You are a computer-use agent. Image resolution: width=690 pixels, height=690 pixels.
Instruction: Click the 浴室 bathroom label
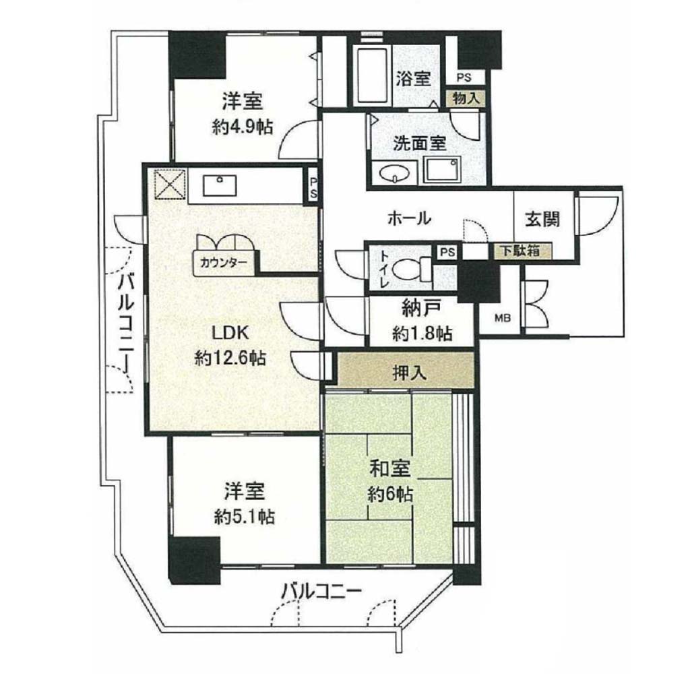(x=413, y=79)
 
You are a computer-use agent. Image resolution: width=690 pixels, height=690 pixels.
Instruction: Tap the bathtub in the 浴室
(x=372, y=75)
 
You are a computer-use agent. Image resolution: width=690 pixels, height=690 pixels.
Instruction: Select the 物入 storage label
(x=466, y=98)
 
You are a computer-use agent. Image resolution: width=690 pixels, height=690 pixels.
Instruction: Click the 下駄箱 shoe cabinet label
(x=521, y=251)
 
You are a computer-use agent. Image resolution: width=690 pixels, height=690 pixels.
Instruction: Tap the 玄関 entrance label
(x=543, y=219)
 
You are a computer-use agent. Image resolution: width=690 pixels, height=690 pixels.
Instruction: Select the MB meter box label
(x=502, y=317)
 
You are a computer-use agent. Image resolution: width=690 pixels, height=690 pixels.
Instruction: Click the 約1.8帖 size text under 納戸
(x=422, y=334)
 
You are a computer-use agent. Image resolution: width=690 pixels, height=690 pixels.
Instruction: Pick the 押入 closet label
(x=410, y=373)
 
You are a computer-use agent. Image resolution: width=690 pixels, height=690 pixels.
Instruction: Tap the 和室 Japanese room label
(x=390, y=469)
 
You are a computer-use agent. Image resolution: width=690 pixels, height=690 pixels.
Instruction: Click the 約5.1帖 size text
(x=245, y=516)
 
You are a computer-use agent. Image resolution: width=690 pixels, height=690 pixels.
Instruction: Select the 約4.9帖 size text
(x=243, y=127)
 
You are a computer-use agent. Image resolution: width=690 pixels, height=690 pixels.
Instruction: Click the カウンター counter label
(x=223, y=263)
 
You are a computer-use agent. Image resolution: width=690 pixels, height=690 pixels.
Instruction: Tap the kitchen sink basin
(x=220, y=185)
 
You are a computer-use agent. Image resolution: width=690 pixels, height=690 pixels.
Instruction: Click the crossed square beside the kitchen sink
(x=170, y=185)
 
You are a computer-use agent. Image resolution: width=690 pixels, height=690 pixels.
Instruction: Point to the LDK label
(x=230, y=333)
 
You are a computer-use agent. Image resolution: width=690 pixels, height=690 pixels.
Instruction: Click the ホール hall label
(x=409, y=218)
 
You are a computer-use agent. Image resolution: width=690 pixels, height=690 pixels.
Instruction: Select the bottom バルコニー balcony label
(x=321, y=590)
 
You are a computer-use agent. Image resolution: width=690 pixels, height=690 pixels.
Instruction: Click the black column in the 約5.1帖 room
(x=194, y=561)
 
